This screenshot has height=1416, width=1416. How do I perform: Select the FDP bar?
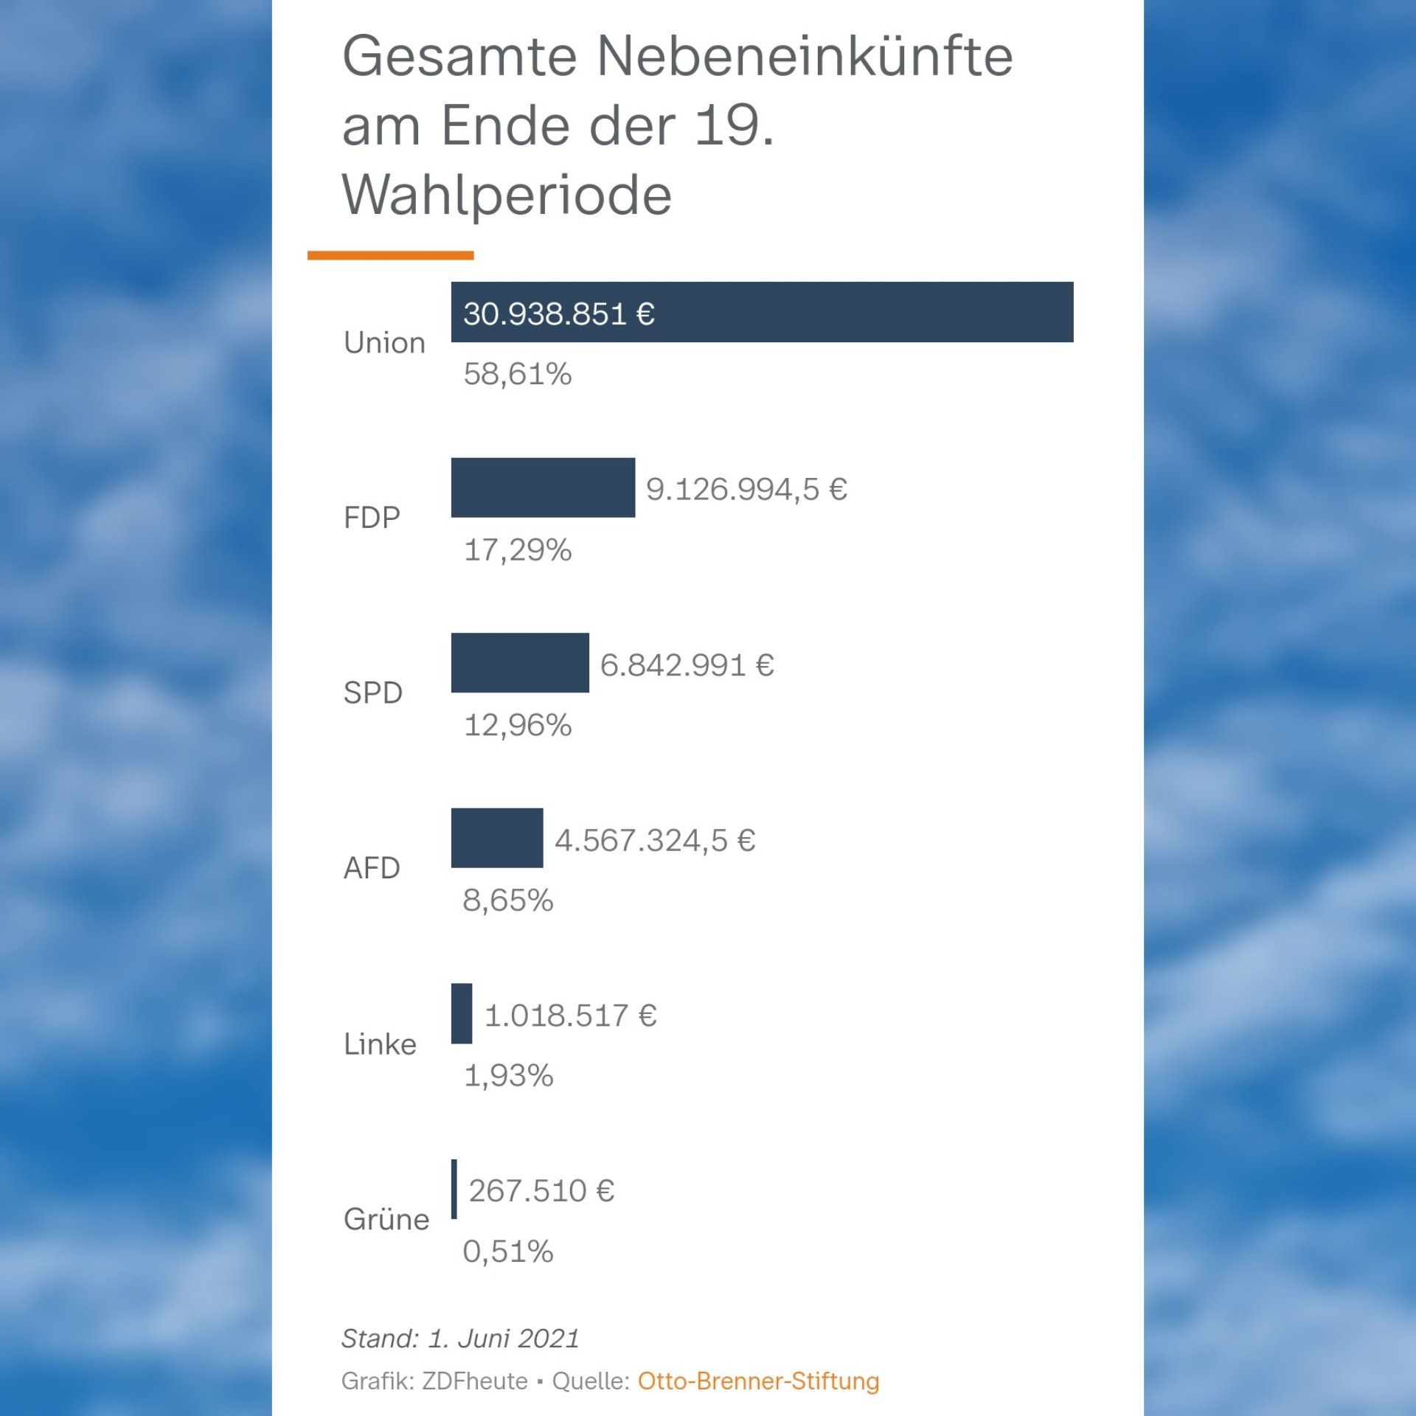(x=543, y=487)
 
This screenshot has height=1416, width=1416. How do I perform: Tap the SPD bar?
(x=520, y=662)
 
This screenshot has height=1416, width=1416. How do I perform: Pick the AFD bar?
(x=497, y=838)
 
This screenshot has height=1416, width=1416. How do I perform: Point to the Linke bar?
(x=462, y=1013)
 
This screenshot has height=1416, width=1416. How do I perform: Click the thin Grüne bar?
(x=454, y=1189)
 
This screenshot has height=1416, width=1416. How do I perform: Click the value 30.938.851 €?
(x=559, y=314)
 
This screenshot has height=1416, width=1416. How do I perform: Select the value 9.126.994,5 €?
(x=746, y=489)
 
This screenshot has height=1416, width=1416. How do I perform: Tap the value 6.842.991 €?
(x=687, y=665)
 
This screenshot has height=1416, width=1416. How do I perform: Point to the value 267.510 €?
(x=541, y=1190)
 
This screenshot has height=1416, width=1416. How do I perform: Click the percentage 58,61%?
(x=517, y=375)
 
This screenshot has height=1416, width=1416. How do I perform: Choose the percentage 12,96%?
(x=517, y=726)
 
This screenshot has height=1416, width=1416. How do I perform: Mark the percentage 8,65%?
(x=507, y=900)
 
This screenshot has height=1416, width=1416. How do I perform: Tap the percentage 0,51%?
(x=507, y=1252)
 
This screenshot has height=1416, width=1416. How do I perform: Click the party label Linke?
(x=380, y=1044)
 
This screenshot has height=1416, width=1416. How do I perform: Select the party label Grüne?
(x=386, y=1219)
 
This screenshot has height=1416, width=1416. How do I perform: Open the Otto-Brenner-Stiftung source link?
(x=758, y=1381)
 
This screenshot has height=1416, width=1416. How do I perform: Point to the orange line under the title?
(x=390, y=255)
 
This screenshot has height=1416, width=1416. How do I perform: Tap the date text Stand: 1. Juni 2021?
(x=460, y=1338)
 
